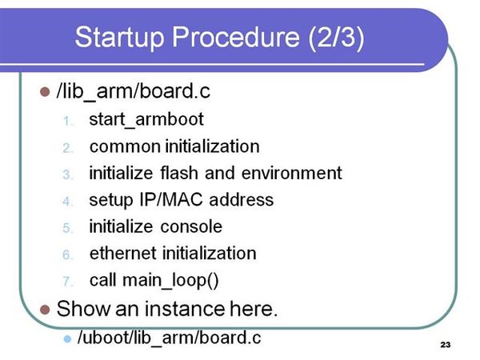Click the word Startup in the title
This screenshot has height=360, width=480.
pyautogui.click(x=119, y=38)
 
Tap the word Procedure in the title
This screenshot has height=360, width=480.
pyautogui.click(x=236, y=37)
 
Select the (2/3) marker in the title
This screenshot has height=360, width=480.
pyautogui.click(x=336, y=38)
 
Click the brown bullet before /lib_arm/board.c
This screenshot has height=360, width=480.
pyautogui.click(x=45, y=92)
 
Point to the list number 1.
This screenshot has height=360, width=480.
pyautogui.click(x=68, y=122)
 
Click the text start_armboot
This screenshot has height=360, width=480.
pyautogui.click(x=146, y=119)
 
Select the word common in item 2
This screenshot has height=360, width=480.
pyautogui.click(x=125, y=147)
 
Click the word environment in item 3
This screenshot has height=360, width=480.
pyautogui.click(x=291, y=174)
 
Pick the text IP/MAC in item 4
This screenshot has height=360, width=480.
pyautogui.click(x=171, y=200)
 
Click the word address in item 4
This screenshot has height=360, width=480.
pyautogui.click(x=242, y=200)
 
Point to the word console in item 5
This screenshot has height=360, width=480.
pyautogui.click(x=191, y=227)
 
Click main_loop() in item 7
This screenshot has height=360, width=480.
pyautogui.click(x=170, y=281)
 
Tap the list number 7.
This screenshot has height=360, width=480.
pyautogui.click(x=67, y=282)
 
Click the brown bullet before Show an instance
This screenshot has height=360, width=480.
pyautogui.click(x=45, y=310)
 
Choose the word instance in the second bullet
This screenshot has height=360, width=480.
pyautogui.click(x=184, y=309)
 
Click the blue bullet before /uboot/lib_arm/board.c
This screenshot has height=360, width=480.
pyautogui.click(x=67, y=339)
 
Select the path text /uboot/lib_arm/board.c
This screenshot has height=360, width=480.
pyautogui.click(x=170, y=338)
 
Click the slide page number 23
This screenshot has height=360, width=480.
pyautogui.click(x=446, y=345)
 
